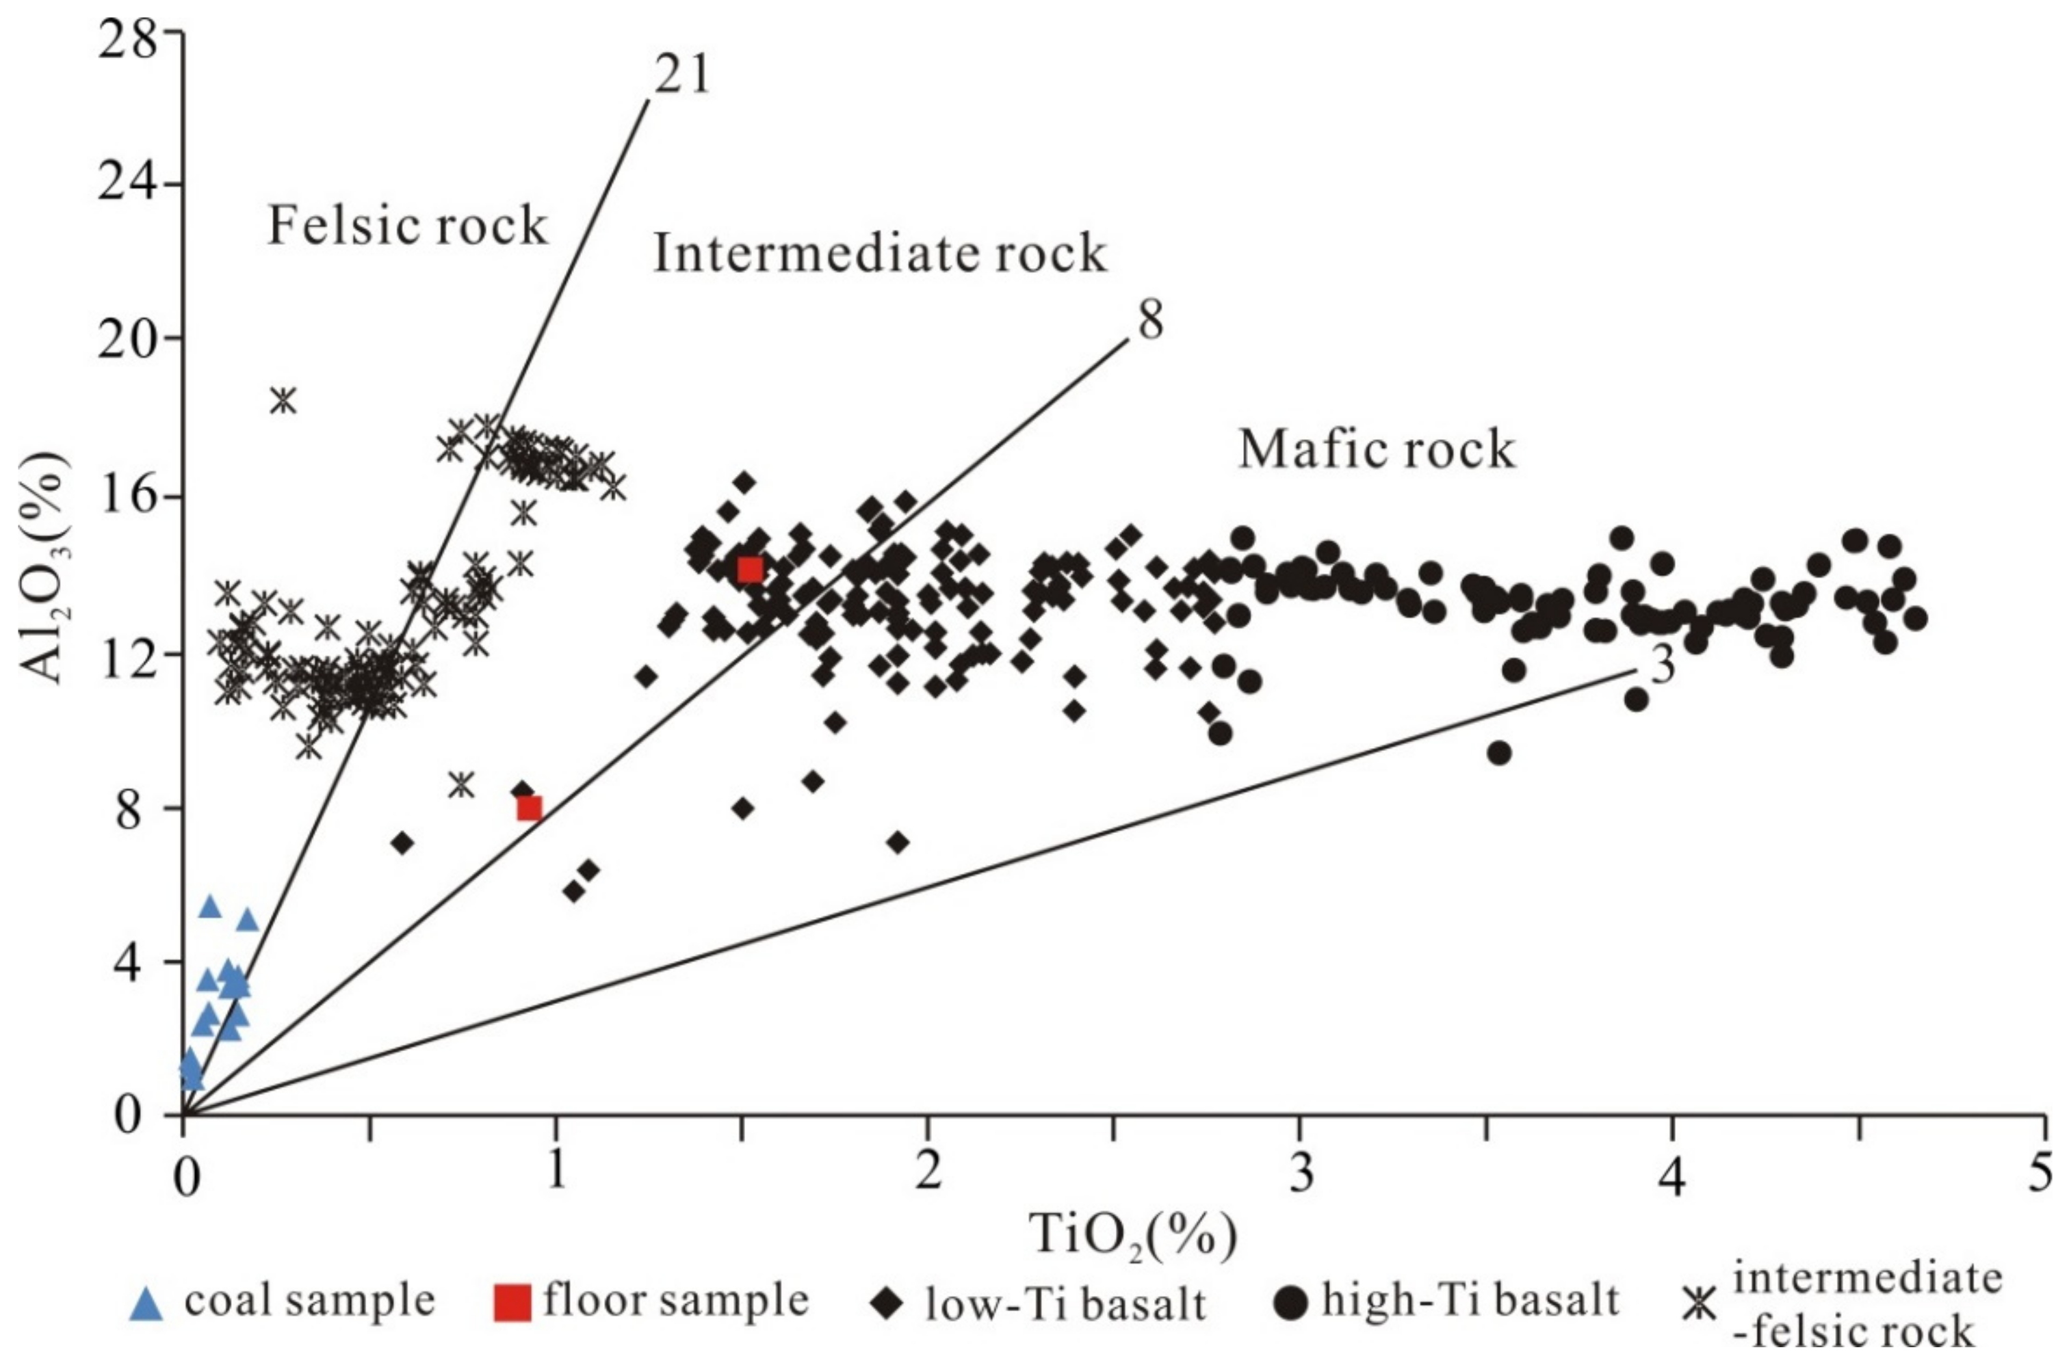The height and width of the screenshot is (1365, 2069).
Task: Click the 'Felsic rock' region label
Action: coord(406,226)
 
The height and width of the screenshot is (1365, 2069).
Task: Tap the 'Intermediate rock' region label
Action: coord(879,254)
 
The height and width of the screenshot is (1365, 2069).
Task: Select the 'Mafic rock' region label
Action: coord(1377,450)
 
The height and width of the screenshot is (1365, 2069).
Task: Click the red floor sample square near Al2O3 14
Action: coord(750,570)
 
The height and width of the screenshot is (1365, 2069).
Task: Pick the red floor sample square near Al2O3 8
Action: coord(530,808)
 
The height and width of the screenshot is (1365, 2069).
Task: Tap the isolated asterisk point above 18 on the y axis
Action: coord(283,401)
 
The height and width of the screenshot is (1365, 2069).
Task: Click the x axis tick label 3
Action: coord(1300,1174)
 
